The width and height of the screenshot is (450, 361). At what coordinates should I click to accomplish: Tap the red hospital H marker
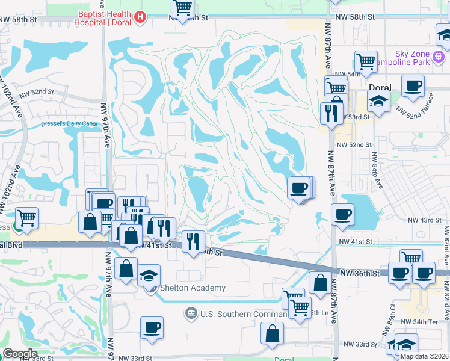[x=140, y=17]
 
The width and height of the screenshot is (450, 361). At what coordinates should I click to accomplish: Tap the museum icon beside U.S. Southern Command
[x=191, y=313]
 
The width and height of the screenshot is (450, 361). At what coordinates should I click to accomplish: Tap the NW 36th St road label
[x=359, y=273]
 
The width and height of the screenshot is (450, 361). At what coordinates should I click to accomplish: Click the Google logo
[x=20, y=354]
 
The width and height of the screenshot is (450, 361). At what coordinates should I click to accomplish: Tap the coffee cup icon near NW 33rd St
[x=152, y=328]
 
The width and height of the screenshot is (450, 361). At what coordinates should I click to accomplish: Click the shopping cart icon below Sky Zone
[x=366, y=61]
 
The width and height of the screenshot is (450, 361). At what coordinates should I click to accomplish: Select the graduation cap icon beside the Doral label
[x=377, y=100]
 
